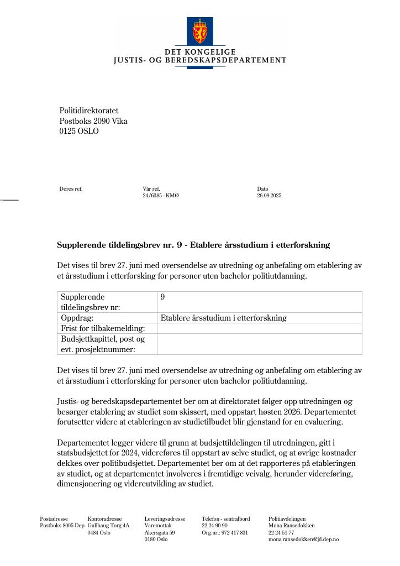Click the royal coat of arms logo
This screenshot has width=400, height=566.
(x=199, y=31)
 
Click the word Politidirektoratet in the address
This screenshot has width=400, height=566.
(x=89, y=111)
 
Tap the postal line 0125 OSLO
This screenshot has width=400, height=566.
(x=79, y=132)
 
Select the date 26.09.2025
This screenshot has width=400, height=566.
(x=269, y=196)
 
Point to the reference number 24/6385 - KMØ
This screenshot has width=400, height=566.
(x=161, y=196)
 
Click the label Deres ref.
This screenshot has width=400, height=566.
(x=71, y=189)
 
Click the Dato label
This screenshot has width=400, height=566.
(x=262, y=189)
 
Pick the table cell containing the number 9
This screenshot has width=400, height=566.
(x=259, y=302)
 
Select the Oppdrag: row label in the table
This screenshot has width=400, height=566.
(x=77, y=318)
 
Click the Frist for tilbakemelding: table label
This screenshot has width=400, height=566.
(x=103, y=328)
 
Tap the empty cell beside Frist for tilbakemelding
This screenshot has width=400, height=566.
(x=259, y=328)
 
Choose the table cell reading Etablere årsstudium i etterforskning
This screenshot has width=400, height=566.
(x=224, y=318)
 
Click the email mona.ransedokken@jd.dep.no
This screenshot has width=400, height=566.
(x=303, y=539)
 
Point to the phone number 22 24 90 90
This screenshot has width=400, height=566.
(x=214, y=526)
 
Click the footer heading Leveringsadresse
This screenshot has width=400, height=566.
(x=165, y=519)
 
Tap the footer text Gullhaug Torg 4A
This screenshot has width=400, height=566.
(x=108, y=526)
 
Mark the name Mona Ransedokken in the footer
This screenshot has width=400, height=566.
(x=291, y=526)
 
